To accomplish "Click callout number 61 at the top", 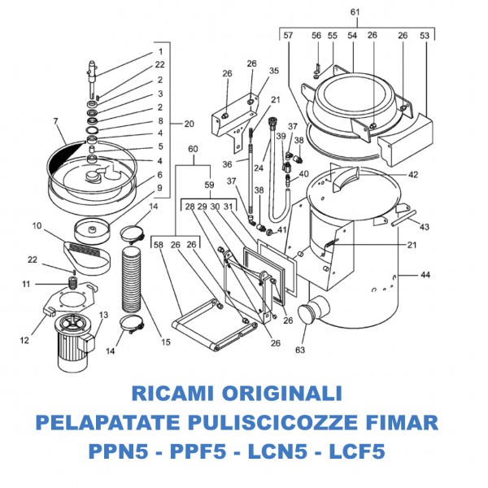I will click(355, 11).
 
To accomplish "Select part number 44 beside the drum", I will click(425, 275).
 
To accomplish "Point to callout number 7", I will click(56, 122).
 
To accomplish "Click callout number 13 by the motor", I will click(103, 315).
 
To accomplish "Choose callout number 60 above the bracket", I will click(193, 149).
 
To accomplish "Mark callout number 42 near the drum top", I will click(413, 174).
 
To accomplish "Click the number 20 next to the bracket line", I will click(189, 124).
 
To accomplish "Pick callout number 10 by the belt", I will click(37, 225).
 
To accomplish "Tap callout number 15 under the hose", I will click(166, 342).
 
